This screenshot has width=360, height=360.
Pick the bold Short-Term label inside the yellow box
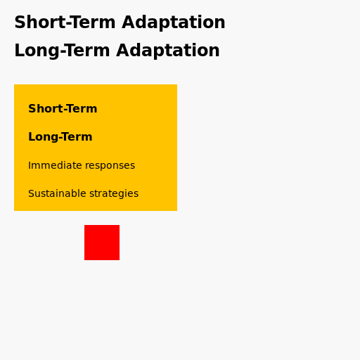63,109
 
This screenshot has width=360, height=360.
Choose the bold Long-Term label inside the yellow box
60,137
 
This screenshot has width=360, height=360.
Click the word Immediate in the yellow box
55,166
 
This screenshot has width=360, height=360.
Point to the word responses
110,166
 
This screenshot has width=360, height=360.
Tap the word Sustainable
57,194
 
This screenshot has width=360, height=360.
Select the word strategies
114,194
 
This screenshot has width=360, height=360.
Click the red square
102,243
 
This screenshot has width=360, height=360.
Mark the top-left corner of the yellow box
14,84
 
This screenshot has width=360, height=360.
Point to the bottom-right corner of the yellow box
176,210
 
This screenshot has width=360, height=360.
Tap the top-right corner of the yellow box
176,84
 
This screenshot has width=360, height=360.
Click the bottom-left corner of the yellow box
14,210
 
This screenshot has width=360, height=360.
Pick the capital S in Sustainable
31,194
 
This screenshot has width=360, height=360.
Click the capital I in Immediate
30,166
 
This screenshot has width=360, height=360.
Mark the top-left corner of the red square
84,225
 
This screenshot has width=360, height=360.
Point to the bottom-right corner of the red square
119,259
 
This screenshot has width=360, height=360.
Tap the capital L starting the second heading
19,51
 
